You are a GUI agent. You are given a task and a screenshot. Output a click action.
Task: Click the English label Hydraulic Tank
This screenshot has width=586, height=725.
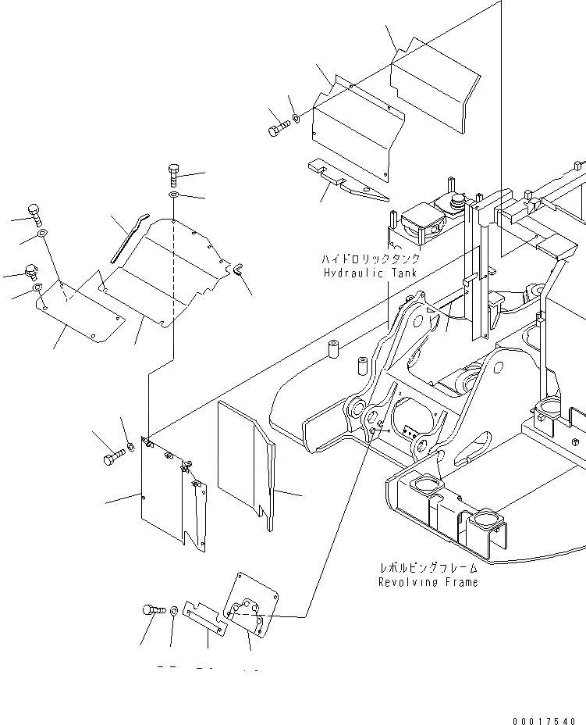click(370, 273)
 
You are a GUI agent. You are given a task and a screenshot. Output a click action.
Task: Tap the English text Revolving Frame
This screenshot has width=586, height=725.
click(428, 582)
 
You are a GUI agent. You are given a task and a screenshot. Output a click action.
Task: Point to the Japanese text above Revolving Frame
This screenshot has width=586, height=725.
click(428, 569)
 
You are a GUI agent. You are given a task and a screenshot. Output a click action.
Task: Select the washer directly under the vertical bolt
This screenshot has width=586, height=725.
click(172, 194)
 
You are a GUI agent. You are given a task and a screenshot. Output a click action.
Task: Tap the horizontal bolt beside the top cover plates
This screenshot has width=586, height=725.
click(278, 130)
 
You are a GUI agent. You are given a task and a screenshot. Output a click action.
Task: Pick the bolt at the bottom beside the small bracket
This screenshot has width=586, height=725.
click(152, 609)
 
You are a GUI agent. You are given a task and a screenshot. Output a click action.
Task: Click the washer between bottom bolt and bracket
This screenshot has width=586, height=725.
click(173, 610)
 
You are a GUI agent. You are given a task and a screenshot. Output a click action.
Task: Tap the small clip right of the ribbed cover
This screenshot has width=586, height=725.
click(236, 270)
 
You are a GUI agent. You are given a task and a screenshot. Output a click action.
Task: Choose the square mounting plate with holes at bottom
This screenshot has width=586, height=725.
click(250, 605)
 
